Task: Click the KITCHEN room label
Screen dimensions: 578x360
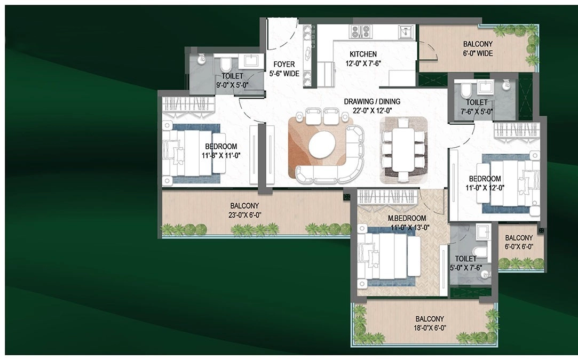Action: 363,54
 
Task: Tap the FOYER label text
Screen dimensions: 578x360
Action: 284,64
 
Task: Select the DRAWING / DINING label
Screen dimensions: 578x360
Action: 372,101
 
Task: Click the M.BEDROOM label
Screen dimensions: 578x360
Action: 407,218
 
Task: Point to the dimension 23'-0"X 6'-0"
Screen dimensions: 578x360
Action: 244,215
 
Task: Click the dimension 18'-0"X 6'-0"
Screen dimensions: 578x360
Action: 430,328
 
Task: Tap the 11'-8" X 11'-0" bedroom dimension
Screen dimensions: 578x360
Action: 221,156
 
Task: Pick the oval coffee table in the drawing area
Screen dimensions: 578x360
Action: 322,145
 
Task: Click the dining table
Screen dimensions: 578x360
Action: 403,150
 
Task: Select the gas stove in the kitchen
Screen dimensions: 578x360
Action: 360,31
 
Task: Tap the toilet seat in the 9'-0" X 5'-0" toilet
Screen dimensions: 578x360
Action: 225,65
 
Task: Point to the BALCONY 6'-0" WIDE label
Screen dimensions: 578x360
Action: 478,49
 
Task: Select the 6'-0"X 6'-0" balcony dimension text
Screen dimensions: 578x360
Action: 519,247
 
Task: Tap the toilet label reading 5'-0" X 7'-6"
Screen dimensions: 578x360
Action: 465,268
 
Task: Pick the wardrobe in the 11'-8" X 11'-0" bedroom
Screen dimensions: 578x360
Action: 188,103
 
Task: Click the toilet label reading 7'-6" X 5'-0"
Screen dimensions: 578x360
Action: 477,111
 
